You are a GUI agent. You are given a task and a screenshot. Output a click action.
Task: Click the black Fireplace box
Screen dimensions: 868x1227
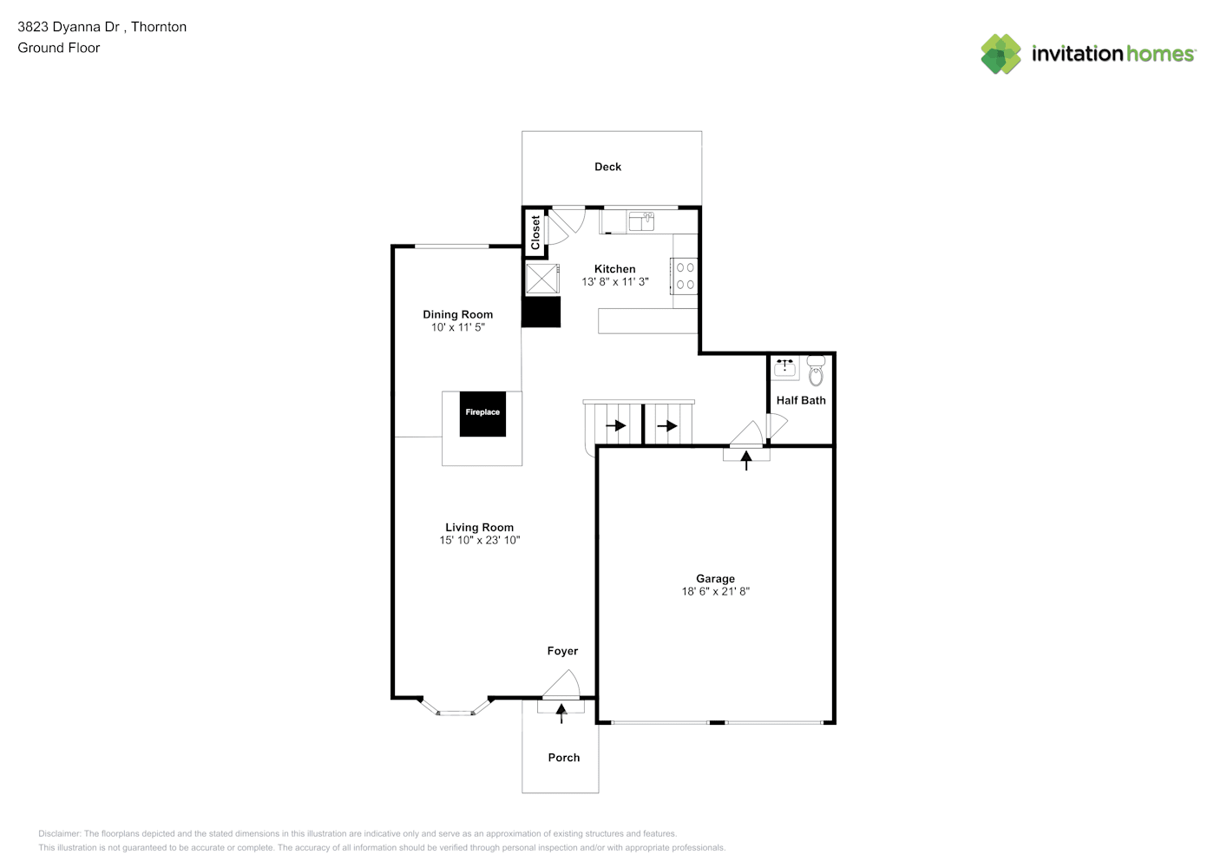pyautogui.click(x=482, y=413)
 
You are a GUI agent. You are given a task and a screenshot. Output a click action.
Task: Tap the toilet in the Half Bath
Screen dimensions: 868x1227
pyautogui.click(x=816, y=371)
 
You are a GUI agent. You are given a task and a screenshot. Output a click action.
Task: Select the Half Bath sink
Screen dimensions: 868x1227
pyautogui.click(x=785, y=368)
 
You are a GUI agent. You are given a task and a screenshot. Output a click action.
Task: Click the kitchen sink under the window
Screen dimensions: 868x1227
pyautogui.click(x=641, y=221)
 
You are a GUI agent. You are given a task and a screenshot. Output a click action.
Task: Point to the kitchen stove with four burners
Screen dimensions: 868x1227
pyautogui.click(x=685, y=276)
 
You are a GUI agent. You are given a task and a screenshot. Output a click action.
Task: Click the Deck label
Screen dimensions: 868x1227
pyautogui.click(x=607, y=167)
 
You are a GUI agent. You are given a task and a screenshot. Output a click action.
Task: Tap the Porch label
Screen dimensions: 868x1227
pyautogui.click(x=563, y=758)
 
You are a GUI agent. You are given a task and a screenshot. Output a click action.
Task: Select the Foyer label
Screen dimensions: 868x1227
pyautogui.click(x=562, y=651)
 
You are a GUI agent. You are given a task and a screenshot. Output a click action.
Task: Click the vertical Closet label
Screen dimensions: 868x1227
pyautogui.click(x=535, y=232)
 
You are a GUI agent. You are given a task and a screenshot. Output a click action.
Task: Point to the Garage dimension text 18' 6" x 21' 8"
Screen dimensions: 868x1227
pyautogui.click(x=715, y=592)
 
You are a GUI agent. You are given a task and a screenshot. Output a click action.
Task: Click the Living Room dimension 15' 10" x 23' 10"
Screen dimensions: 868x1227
pyautogui.click(x=479, y=541)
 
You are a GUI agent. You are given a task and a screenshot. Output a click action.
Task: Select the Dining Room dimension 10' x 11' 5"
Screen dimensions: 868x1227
pyautogui.click(x=457, y=328)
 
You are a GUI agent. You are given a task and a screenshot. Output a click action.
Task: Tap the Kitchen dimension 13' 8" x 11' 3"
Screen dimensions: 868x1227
pyautogui.click(x=614, y=282)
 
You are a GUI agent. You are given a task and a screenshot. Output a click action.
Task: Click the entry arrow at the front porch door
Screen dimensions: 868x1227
pyautogui.click(x=561, y=713)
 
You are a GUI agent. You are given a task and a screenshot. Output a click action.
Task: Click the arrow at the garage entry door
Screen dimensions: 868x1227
pyautogui.click(x=746, y=460)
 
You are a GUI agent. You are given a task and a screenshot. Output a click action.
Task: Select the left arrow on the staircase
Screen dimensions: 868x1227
pyautogui.click(x=616, y=425)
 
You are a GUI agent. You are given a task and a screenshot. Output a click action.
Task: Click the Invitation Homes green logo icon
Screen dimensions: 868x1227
pyautogui.click(x=1001, y=54)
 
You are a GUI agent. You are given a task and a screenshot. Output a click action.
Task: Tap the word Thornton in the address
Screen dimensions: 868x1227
pyautogui.click(x=159, y=27)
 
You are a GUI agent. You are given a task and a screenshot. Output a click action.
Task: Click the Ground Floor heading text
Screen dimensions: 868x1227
pyautogui.click(x=59, y=48)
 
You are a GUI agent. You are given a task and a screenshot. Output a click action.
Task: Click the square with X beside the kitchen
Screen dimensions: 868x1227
pyautogui.click(x=542, y=279)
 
